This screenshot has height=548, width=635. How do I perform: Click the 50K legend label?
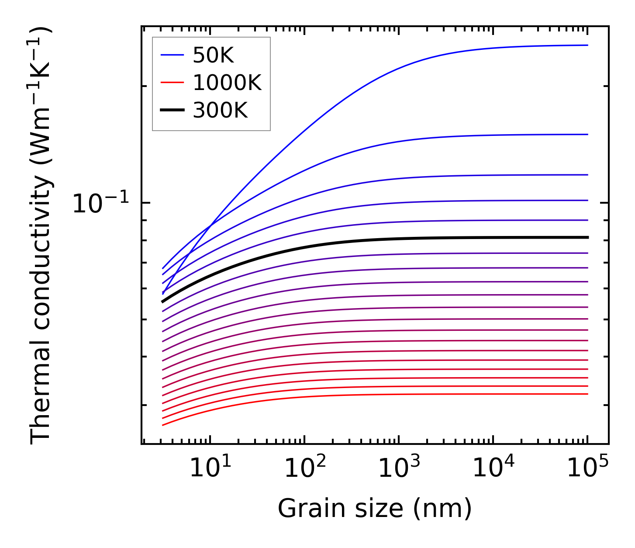click(x=213, y=55)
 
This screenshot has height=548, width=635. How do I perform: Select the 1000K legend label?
click(x=227, y=83)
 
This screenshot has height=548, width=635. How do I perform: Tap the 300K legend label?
click(x=220, y=111)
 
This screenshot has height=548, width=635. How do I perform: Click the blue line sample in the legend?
click(x=173, y=55)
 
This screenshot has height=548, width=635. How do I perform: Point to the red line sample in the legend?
click(x=173, y=83)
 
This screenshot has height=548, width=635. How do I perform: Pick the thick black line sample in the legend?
click(x=173, y=111)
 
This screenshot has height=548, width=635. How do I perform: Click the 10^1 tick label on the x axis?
click(x=211, y=469)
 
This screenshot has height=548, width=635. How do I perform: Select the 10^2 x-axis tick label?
click(x=305, y=469)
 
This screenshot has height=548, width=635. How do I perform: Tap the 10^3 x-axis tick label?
click(x=399, y=469)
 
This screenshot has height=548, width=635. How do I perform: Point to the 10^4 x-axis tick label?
click(x=494, y=469)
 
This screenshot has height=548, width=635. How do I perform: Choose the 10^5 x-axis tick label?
click(x=588, y=469)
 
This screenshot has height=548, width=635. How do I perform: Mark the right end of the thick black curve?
click(x=588, y=237)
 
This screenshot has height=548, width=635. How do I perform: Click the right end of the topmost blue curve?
click(x=588, y=45)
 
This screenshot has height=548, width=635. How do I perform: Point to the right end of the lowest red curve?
click(x=588, y=394)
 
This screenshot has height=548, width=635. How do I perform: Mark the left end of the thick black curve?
click(x=162, y=302)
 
